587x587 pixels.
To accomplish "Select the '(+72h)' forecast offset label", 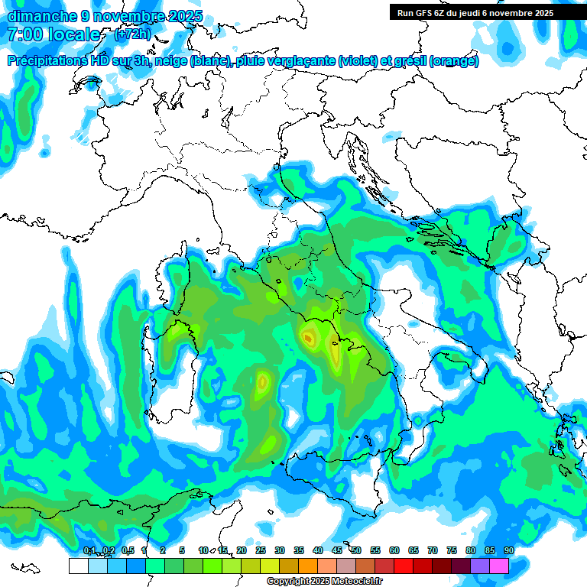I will [131, 34].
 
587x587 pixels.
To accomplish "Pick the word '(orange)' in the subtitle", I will [455, 61].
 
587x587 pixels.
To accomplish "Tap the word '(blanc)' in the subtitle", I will [209, 61].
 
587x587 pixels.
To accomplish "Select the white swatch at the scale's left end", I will [78, 566].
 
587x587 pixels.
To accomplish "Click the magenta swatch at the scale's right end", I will [499, 566].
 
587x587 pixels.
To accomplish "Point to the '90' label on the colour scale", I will [508, 550].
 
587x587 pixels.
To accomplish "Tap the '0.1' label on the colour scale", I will [89, 550].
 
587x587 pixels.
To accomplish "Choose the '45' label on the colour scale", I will [337, 550].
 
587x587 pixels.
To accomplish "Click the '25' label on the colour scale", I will [261, 550].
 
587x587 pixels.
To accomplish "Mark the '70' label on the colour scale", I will [433, 550].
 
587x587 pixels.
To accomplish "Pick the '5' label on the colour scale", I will [182, 550].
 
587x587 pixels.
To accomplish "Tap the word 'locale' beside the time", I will [75, 34].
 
